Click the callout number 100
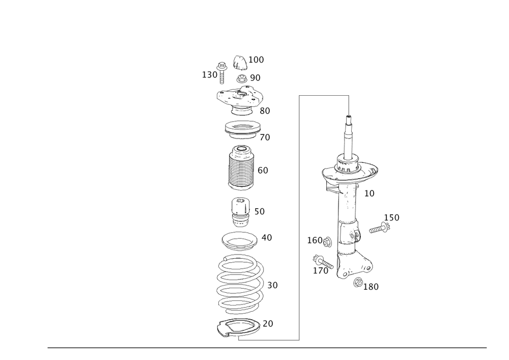coord(256,60)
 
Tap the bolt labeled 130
coord(222,72)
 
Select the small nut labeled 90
coord(242,78)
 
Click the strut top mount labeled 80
coord(239,100)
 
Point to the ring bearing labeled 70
coord(243,129)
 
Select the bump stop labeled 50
coord(241,212)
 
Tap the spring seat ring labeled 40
coord(240,241)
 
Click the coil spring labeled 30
coord(240,284)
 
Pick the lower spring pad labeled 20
coord(239,328)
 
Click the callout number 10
coord(370,193)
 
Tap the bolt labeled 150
coord(380,228)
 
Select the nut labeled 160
coord(327,242)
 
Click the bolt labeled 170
coord(323,262)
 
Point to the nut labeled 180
coord(358,283)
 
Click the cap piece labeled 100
coord(240,63)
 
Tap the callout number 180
coord(371,287)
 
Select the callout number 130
coord(210,75)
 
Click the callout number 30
coord(273,285)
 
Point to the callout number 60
coord(263,171)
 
